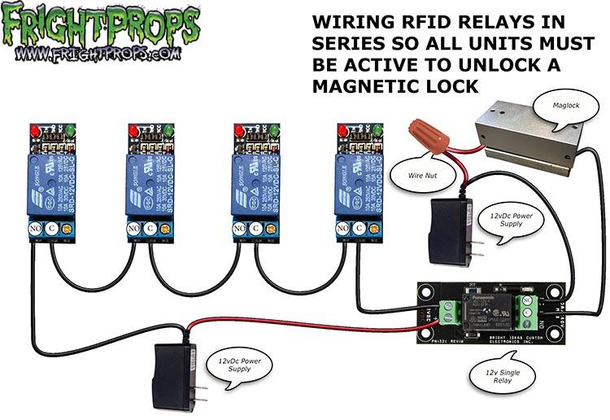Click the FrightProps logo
(x=102, y=24)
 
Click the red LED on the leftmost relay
(x=34, y=130)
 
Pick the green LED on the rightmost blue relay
(x=379, y=130)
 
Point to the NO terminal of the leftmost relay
(x=35, y=230)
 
